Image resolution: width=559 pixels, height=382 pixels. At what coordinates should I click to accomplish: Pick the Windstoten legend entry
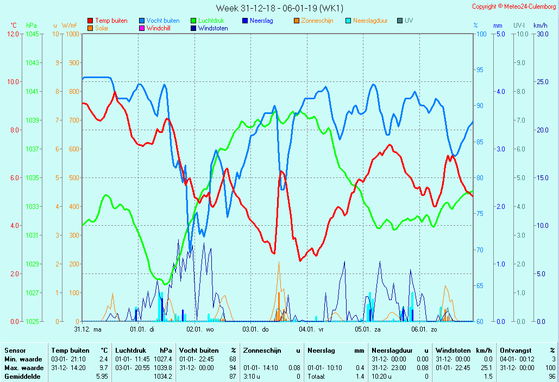[213, 28]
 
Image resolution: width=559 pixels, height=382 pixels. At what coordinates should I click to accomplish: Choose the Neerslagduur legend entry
[370, 21]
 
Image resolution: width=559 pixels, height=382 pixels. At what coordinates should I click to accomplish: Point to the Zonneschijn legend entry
[317, 21]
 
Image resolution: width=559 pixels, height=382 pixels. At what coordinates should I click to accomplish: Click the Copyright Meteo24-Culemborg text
[514, 7]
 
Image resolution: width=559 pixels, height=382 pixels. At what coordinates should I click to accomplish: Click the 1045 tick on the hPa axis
[32, 34]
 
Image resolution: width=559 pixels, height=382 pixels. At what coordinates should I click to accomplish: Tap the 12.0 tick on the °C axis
[12, 34]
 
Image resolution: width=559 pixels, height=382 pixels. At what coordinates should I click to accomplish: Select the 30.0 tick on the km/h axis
[541, 34]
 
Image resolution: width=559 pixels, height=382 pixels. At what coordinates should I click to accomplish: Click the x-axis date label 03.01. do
[255, 329]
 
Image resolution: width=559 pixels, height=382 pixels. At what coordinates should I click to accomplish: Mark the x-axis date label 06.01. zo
[424, 329]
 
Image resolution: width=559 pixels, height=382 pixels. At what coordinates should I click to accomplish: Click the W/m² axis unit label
[69, 26]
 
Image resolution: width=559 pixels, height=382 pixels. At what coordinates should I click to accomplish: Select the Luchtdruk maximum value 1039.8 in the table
[162, 368]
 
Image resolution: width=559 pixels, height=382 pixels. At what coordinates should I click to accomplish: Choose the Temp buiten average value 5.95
[102, 376]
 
